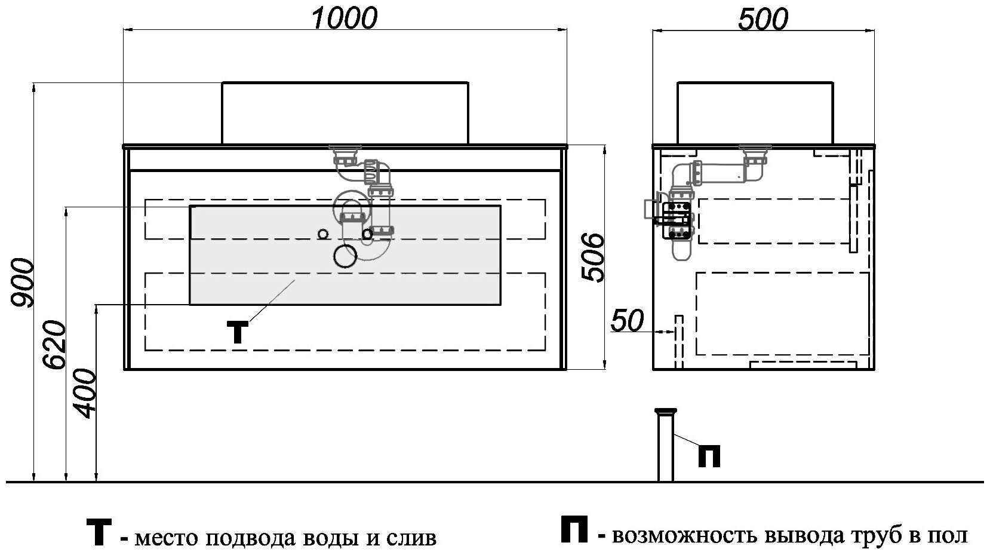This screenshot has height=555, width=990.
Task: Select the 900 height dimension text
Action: (x=23, y=282)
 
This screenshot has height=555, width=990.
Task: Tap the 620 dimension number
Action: (x=54, y=345)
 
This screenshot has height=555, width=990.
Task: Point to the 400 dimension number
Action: (x=84, y=393)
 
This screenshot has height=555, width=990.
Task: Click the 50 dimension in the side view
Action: (x=627, y=321)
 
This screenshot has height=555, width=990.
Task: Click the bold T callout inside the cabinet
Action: (x=238, y=332)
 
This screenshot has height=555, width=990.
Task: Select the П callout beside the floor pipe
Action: (x=709, y=456)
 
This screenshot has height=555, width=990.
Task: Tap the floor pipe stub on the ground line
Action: (x=665, y=445)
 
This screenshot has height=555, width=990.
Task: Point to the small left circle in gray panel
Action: (x=323, y=234)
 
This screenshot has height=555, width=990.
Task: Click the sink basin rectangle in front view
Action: (x=345, y=113)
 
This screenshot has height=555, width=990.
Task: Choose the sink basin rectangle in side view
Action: (x=754, y=113)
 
